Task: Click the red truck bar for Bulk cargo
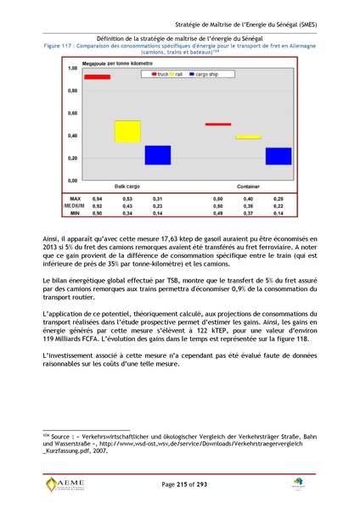96,76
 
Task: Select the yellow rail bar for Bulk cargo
127,131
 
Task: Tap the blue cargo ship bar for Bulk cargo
157,154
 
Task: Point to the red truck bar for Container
218,124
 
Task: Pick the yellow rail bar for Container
248,137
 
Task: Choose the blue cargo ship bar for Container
278,156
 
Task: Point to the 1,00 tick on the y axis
72,67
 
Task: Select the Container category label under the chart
248,185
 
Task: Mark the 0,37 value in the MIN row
248,213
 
